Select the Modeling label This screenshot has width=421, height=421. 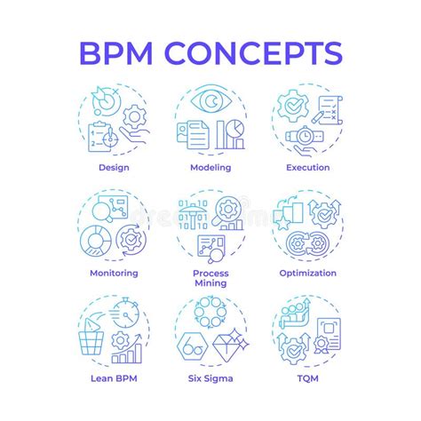210,166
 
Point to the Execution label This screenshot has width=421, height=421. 308,166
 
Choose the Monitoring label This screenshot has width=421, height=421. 113,273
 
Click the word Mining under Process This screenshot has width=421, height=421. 210,283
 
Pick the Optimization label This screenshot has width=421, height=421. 308,273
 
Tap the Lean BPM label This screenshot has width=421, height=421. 113,378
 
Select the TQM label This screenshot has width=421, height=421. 308,378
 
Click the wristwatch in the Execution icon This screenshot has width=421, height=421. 304,139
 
